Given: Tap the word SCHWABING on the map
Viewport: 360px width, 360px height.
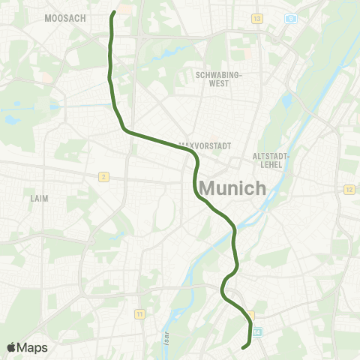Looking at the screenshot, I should pyautogui.click(x=216, y=75).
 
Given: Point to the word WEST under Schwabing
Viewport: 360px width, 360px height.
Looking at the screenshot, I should pyautogui.click(x=216, y=83).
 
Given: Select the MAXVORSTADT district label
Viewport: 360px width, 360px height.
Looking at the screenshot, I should pyautogui.click(x=205, y=145).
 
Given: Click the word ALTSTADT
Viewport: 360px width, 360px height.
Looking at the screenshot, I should pyautogui.click(x=271, y=155).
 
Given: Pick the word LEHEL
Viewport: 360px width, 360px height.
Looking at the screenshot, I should pyautogui.click(x=271, y=163).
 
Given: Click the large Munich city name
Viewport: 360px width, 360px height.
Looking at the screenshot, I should pyautogui.click(x=223, y=187).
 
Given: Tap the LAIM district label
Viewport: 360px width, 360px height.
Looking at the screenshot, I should pyautogui.click(x=39, y=199).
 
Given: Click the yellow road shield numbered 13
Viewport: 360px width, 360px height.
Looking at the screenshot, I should pyautogui.click(x=257, y=18).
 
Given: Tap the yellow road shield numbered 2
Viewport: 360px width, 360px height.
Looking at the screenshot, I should pyautogui.click(x=103, y=176).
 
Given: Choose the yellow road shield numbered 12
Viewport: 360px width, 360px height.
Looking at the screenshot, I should pyautogui.click(x=349, y=189).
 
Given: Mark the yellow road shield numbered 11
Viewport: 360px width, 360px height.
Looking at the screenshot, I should pyautogui.click(x=139, y=313).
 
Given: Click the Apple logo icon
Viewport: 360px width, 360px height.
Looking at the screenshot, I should pyautogui.click(x=11, y=347).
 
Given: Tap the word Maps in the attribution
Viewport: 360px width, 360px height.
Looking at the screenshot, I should pyautogui.click(x=33, y=347).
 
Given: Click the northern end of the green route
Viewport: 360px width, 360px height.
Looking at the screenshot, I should pyautogui.click(x=114, y=13).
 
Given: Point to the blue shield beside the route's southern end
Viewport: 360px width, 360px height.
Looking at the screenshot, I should pyautogui.click(x=258, y=331).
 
